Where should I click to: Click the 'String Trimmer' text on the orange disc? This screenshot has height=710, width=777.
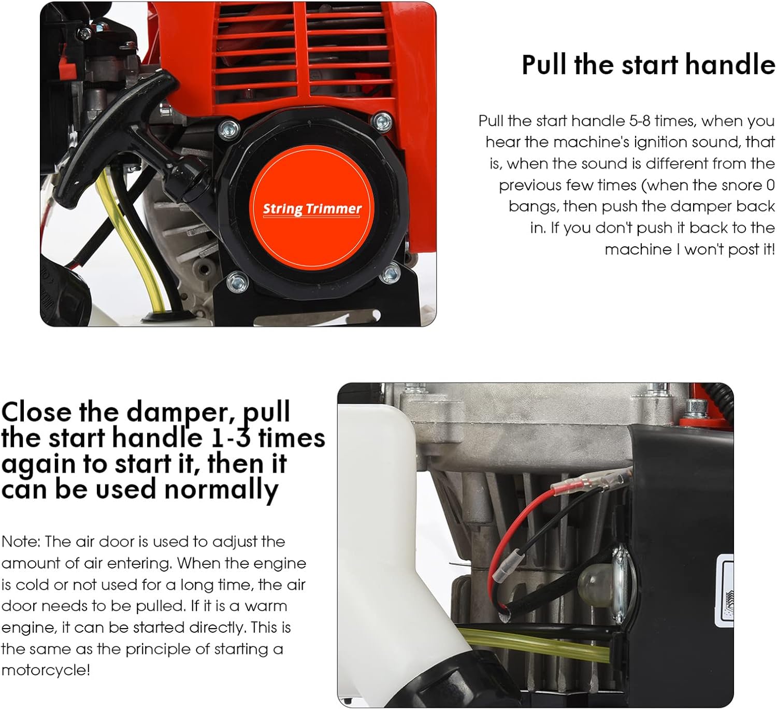pos(312,209)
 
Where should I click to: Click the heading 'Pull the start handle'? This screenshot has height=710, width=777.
pos(648,65)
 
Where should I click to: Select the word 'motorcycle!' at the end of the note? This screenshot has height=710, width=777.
pos(46,670)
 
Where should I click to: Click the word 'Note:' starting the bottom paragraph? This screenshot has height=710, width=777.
pos(21,542)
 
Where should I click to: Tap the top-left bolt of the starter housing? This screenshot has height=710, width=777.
pos(228,127)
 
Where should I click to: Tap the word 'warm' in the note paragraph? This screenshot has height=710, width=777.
pos(266,606)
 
